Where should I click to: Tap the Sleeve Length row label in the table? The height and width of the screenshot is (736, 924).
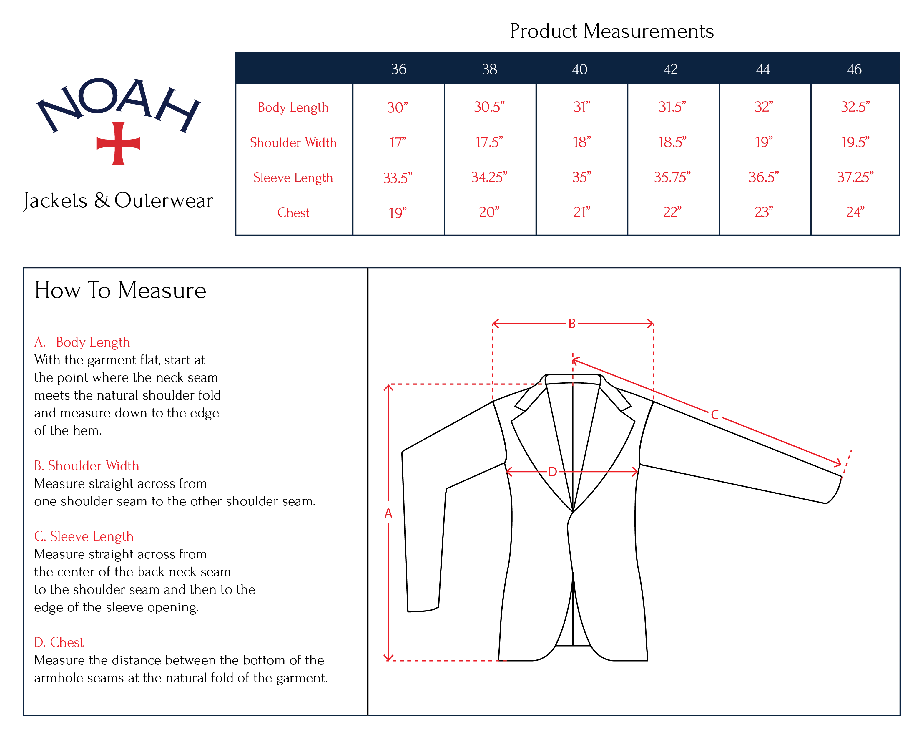tap(293, 178)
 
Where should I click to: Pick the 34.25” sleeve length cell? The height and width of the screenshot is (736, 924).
tap(489, 177)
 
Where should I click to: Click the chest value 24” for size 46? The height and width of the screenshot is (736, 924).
tap(855, 212)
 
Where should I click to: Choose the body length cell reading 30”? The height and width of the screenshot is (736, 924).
tap(397, 107)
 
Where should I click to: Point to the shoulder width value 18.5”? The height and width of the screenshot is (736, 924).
tap(672, 142)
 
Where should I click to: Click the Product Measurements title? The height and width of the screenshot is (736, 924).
tap(611, 31)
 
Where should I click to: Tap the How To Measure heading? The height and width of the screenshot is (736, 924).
tap(120, 290)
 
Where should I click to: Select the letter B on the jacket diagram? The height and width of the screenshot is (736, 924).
tap(572, 324)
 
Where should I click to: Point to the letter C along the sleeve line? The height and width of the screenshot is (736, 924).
tap(715, 415)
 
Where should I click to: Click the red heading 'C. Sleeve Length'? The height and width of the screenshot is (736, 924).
tap(84, 536)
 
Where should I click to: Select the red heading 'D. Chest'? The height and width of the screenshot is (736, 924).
tap(59, 642)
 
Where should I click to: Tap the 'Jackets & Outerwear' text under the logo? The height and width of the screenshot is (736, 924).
tap(118, 200)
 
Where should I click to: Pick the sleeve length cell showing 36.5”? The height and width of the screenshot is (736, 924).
tap(764, 177)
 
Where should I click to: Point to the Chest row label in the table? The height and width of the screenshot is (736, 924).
tap(293, 213)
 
